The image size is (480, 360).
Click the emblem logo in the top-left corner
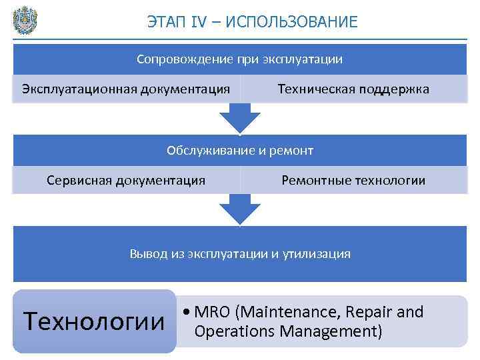coord(25,19)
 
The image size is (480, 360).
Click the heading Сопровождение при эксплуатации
coord(240,59)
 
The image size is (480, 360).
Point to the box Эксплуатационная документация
coord(126,89)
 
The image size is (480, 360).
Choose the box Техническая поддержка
coord(353,89)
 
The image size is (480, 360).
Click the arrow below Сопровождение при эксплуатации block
coord(240,118)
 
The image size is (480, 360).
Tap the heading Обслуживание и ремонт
coord(240,151)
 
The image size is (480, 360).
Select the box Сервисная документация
coord(126,180)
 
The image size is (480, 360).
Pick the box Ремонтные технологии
coord(353,180)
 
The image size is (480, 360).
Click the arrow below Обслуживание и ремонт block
coord(240,209)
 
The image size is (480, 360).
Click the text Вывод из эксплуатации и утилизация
coord(240,254)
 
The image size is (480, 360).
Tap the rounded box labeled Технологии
coord(93,321)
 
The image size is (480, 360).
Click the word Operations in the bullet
coord(232,331)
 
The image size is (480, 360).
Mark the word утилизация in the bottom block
coord(319,254)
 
